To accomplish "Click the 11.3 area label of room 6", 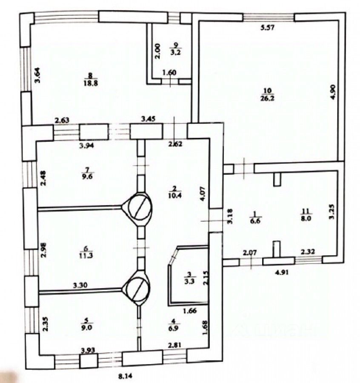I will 89,255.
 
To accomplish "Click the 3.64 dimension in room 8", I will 37,75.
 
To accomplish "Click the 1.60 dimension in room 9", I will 169,73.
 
